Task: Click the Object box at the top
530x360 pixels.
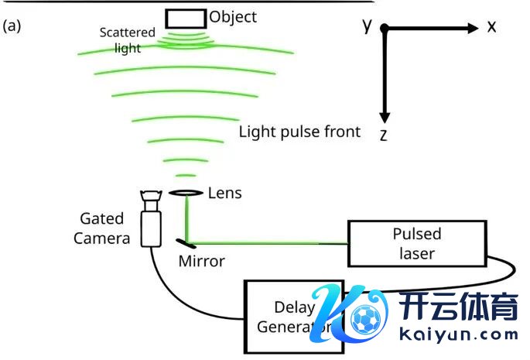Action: click(x=186, y=16)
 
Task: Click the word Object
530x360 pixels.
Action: click(x=233, y=16)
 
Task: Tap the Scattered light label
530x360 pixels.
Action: click(x=128, y=40)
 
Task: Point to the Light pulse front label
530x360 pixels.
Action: click(x=299, y=131)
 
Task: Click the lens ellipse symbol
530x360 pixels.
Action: click(x=186, y=193)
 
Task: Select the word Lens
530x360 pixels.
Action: click(x=225, y=193)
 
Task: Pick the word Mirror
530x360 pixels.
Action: click(x=201, y=261)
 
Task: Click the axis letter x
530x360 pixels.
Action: click(x=491, y=27)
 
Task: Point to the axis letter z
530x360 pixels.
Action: click(x=383, y=135)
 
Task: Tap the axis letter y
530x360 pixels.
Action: click(x=368, y=26)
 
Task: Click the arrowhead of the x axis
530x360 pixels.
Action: click(x=473, y=29)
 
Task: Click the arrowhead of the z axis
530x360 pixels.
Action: click(x=384, y=114)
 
